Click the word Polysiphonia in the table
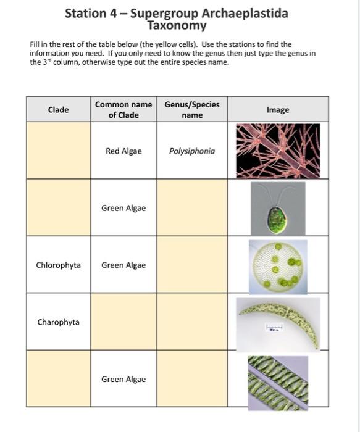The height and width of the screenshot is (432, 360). point(192,151)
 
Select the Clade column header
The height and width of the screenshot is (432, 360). point(58,110)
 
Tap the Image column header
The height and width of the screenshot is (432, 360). point(278,110)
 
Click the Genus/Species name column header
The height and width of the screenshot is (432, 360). point(192,110)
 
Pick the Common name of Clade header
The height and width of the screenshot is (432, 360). point(123,110)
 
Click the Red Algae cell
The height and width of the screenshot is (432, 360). point(123,151)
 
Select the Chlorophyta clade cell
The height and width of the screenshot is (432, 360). point(58,265)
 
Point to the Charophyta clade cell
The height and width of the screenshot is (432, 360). point(58,322)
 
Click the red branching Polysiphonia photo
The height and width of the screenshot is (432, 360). point(278,151)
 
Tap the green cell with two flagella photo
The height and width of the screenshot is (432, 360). point(278,209)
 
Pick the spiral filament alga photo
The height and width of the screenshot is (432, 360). point(278,383)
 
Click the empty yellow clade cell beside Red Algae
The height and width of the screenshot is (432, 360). point(58,151)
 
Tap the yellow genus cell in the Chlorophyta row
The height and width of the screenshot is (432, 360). point(192,265)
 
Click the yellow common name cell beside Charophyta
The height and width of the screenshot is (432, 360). point(123,322)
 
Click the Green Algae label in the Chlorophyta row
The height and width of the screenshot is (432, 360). point(123,265)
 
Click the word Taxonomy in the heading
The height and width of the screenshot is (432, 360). point(177,26)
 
